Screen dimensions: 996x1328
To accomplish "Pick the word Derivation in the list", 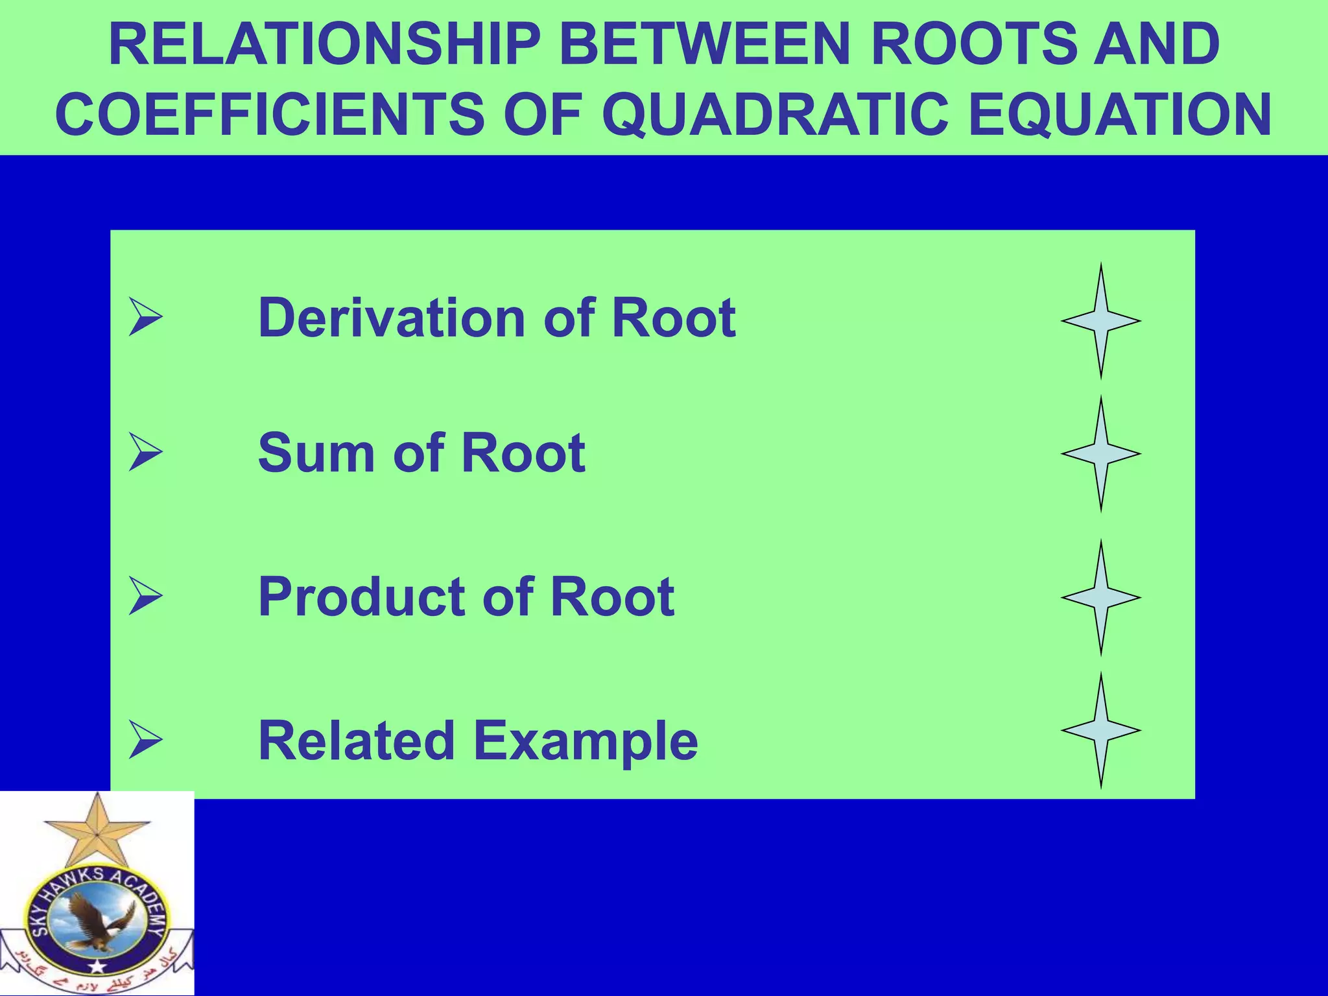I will pos(392,318).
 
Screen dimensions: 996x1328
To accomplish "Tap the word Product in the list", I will pos(361,597).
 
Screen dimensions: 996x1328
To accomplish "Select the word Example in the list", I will pos(586,741).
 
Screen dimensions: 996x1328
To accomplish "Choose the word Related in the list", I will pos(356,741).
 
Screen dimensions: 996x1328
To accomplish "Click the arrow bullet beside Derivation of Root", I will pos(145,317).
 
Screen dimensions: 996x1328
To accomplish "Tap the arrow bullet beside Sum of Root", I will pos(145,453).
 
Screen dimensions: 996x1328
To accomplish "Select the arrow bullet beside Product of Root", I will pos(145,597).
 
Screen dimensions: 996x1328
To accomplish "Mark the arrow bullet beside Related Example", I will pos(145,741).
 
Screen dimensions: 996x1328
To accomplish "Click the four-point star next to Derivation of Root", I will pos(1100,321).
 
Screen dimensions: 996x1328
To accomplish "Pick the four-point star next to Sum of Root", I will pos(1100,454).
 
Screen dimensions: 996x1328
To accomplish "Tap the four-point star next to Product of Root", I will pos(1100,597).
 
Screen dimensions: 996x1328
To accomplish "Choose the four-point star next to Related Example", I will pos(1100,730).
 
